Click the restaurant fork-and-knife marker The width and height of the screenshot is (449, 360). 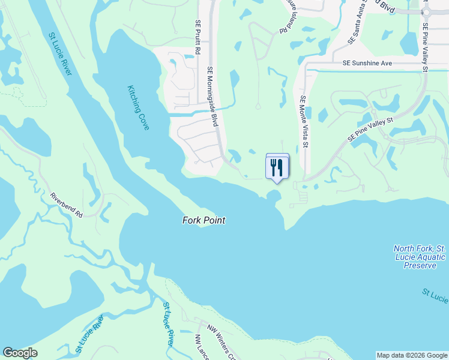pyautogui.click(x=277, y=166)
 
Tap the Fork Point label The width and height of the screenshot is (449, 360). pyautogui.click(x=203, y=220)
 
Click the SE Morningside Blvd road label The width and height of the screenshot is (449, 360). pyautogui.click(x=212, y=96)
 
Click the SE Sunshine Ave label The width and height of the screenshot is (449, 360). pyautogui.click(x=367, y=63)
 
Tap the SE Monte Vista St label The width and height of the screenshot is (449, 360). pyautogui.click(x=304, y=122)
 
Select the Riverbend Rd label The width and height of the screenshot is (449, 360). pyautogui.click(x=66, y=205)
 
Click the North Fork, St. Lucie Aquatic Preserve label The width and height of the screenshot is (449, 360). pyautogui.click(x=420, y=257)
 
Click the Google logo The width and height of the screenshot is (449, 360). pyautogui.click(x=20, y=353)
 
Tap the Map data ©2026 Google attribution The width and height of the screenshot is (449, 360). pyautogui.click(x=411, y=355)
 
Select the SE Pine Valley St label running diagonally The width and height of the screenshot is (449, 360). pyautogui.click(x=369, y=130)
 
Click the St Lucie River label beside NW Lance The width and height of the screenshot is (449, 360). pyautogui.click(x=169, y=324)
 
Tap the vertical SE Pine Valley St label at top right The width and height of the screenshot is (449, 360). pyautogui.click(x=425, y=47)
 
